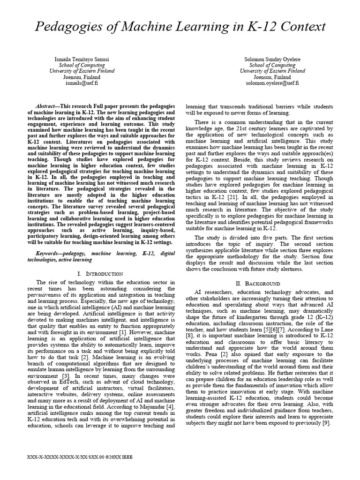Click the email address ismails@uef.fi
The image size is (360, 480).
tap(82, 83)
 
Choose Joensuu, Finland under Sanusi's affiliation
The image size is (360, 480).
tap(82, 77)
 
